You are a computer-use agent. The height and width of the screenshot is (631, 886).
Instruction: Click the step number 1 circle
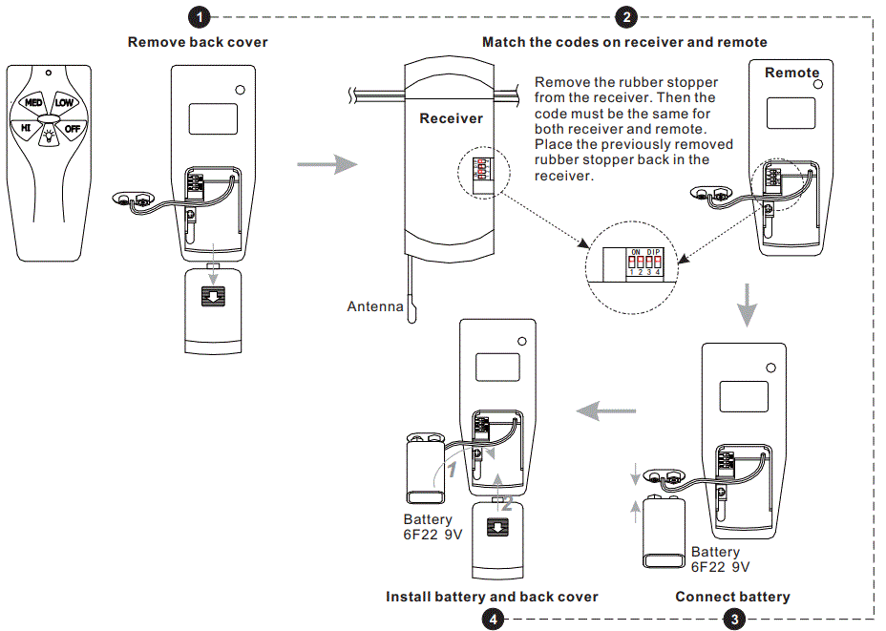point(198,16)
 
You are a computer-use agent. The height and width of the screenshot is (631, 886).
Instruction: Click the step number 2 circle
point(626,16)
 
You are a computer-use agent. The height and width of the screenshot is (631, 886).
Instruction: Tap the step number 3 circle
point(733,619)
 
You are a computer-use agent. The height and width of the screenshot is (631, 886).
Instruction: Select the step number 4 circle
point(492,619)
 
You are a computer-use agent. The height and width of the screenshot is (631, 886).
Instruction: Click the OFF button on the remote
point(73,128)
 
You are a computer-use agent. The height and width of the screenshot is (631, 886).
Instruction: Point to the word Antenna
point(374,306)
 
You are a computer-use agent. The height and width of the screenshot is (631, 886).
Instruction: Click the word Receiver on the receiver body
point(451,118)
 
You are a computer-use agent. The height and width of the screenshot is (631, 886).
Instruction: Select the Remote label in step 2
point(791,73)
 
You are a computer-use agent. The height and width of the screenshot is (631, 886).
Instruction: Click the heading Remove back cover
point(198,42)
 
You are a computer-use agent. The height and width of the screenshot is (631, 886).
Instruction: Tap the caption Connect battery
point(732,597)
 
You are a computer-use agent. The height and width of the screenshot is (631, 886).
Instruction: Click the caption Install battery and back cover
point(492,597)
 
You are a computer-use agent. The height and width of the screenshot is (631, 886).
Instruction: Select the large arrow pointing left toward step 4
point(607,411)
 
